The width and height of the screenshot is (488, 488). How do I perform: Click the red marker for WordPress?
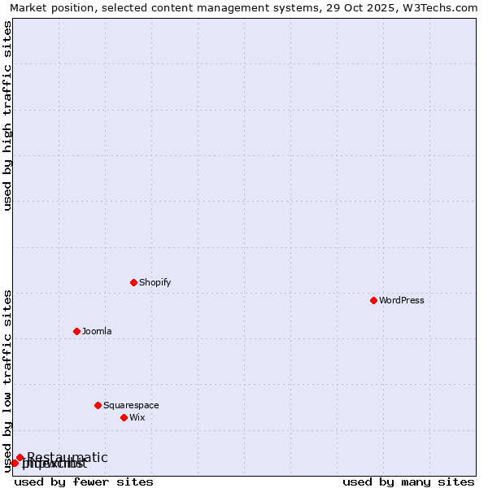tap(373, 300)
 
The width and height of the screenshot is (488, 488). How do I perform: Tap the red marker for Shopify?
tap(133, 282)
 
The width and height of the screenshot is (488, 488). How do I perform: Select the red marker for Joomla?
tap(76, 331)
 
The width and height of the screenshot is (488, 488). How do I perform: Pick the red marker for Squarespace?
tap(98, 405)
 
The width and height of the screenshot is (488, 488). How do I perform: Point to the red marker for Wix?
tap(124, 417)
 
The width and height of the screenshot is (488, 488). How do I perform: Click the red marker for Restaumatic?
tap(20, 457)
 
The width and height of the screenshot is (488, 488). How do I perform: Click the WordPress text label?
tap(402, 300)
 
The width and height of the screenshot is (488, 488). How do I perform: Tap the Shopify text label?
tap(155, 282)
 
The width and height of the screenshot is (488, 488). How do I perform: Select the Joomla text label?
tap(97, 331)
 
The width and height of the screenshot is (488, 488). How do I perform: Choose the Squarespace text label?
tap(131, 405)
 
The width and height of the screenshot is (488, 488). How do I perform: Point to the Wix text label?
tap(137, 417)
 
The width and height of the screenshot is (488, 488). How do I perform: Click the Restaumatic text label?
tap(68, 457)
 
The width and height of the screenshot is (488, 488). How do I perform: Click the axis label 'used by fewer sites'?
tap(84, 481)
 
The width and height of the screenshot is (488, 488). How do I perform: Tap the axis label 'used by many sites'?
tap(408, 481)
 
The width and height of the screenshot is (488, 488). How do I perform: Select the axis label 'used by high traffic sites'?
tap(8, 115)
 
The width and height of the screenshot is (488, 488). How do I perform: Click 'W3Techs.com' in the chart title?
tap(444, 7)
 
